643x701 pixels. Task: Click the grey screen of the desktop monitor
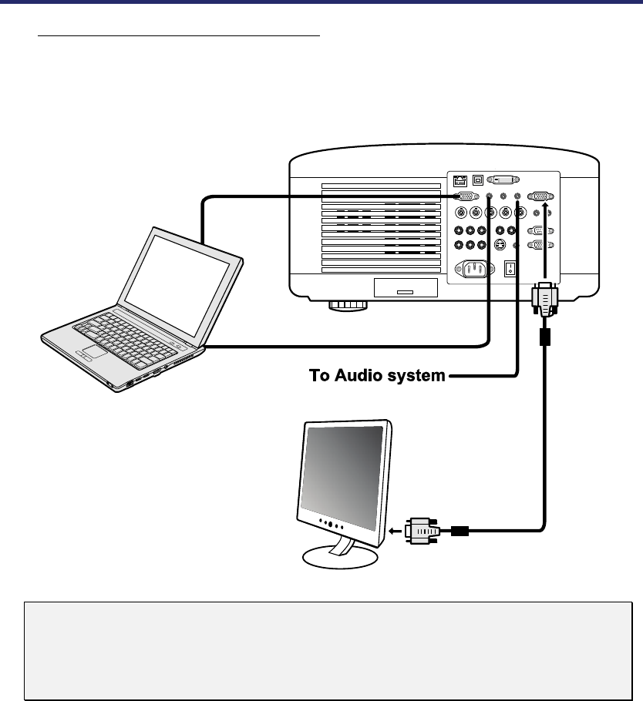pos(343,470)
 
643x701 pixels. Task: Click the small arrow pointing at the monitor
pos(394,531)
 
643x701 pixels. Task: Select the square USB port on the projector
pos(478,179)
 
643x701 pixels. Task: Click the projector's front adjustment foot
pos(348,305)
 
